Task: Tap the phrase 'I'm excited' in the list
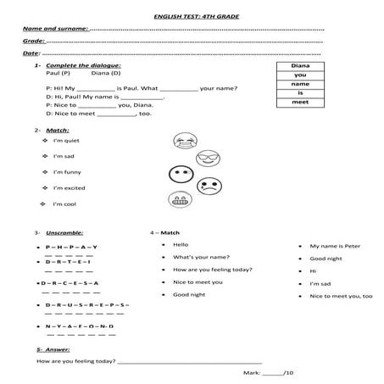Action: tap(70, 187)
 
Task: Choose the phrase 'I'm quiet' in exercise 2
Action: tap(66, 141)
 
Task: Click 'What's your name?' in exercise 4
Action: tap(198, 256)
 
